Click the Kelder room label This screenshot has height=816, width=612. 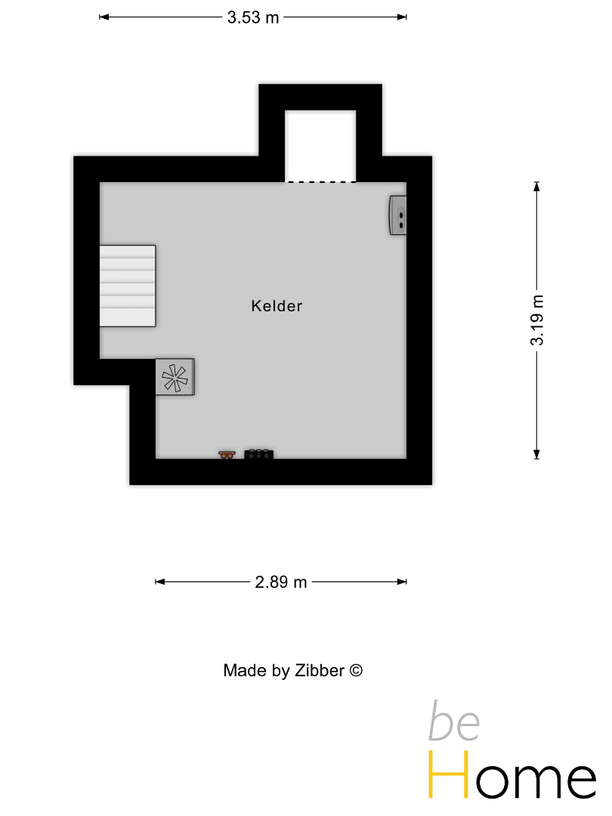click(x=277, y=306)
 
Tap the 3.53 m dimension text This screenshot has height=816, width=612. click(x=253, y=17)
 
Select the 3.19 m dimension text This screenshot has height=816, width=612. click(x=537, y=320)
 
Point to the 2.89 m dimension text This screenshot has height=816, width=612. click(x=280, y=582)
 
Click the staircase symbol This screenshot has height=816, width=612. click(x=128, y=286)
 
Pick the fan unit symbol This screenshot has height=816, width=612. click(x=175, y=377)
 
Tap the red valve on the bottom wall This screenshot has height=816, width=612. click(x=227, y=455)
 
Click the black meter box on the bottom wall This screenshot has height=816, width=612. click(x=258, y=454)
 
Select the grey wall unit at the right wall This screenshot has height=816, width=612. click(x=398, y=215)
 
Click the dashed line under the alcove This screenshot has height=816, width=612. click(x=321, y=182)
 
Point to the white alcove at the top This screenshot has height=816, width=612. click(x=320, y=146)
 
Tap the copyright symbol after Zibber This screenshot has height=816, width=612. click(x=355, y=670)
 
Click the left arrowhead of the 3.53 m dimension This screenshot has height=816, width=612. click(x=104, y=17)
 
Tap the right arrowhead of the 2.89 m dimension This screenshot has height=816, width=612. click(x=402, y=582)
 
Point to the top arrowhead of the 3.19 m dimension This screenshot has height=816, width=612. click(x=537, y=187)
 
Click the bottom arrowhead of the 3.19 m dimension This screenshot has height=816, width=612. click(x=537, y=454)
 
